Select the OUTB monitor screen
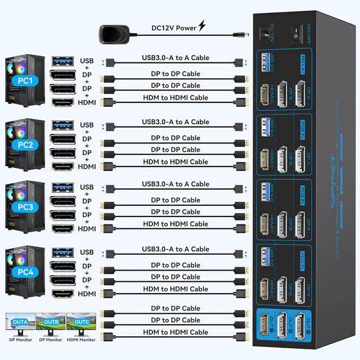[x=51, y=323]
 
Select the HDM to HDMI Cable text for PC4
[x=175, y=289]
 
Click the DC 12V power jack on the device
[x=263, y=34]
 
